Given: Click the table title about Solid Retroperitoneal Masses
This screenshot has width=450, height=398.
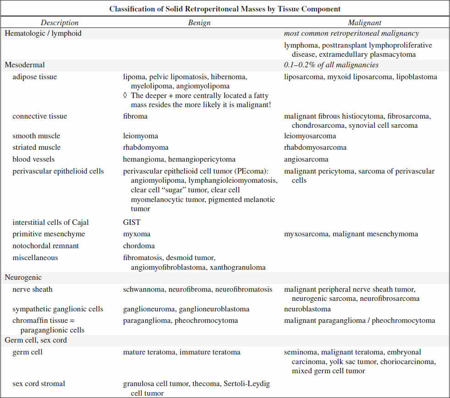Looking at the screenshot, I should (x=225, y=9).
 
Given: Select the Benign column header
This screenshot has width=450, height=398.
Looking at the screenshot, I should (x=199, y=22).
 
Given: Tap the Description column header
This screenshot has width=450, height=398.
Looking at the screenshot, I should (x=60, y=22).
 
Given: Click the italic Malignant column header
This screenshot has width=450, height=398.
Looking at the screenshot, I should (x=364, y=22).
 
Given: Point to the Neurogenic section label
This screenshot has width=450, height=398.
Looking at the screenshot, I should (x=23, y=278).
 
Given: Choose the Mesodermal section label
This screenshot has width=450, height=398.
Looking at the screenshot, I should (x=25, y=65).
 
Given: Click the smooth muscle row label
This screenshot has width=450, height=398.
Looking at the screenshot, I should (x=36, y=136).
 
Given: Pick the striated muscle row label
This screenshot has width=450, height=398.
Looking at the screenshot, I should (x=37, y=147).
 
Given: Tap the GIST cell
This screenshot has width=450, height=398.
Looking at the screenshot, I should (x=132, y=223).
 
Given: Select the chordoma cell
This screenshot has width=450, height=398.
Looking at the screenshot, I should (x=139, y=246).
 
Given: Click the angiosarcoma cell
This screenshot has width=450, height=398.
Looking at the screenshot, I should (x=306, y=159).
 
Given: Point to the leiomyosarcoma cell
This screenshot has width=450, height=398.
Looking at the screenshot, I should (x=310, y=136).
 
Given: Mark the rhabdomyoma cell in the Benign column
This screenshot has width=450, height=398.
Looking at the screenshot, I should (x=146, y=147).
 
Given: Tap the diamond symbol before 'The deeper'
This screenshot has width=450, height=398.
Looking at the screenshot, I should (x=126, y=96).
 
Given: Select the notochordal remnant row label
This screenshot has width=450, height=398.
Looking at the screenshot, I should (x=45, y=246).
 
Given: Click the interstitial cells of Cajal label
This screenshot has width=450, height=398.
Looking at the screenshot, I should (x=50, y=223).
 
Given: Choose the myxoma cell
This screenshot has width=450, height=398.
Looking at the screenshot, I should (x=136, y=234).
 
